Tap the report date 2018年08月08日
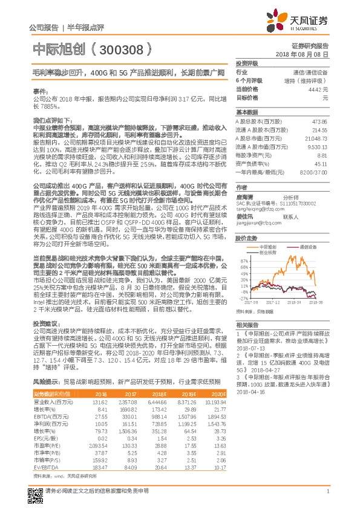pyautogui.click(x=308, y=54)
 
